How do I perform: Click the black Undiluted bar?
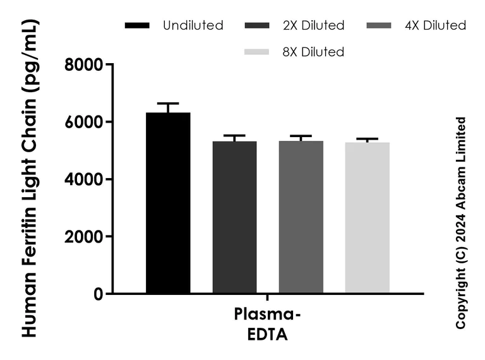point(168,202)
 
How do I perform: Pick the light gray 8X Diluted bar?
point(367,217)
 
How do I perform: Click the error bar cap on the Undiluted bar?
point(168,103)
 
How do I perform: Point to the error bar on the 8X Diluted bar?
point(367,140)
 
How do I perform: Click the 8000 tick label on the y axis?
point(85,64)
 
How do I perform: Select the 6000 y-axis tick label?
point(85,122)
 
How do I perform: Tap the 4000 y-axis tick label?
point(85,179)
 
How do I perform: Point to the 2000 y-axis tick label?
point(85,237)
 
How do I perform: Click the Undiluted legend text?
point(193,26)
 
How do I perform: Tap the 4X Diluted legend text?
point(436,26)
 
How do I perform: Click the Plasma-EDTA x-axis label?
point(268,324)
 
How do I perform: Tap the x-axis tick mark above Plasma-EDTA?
point(268,297)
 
